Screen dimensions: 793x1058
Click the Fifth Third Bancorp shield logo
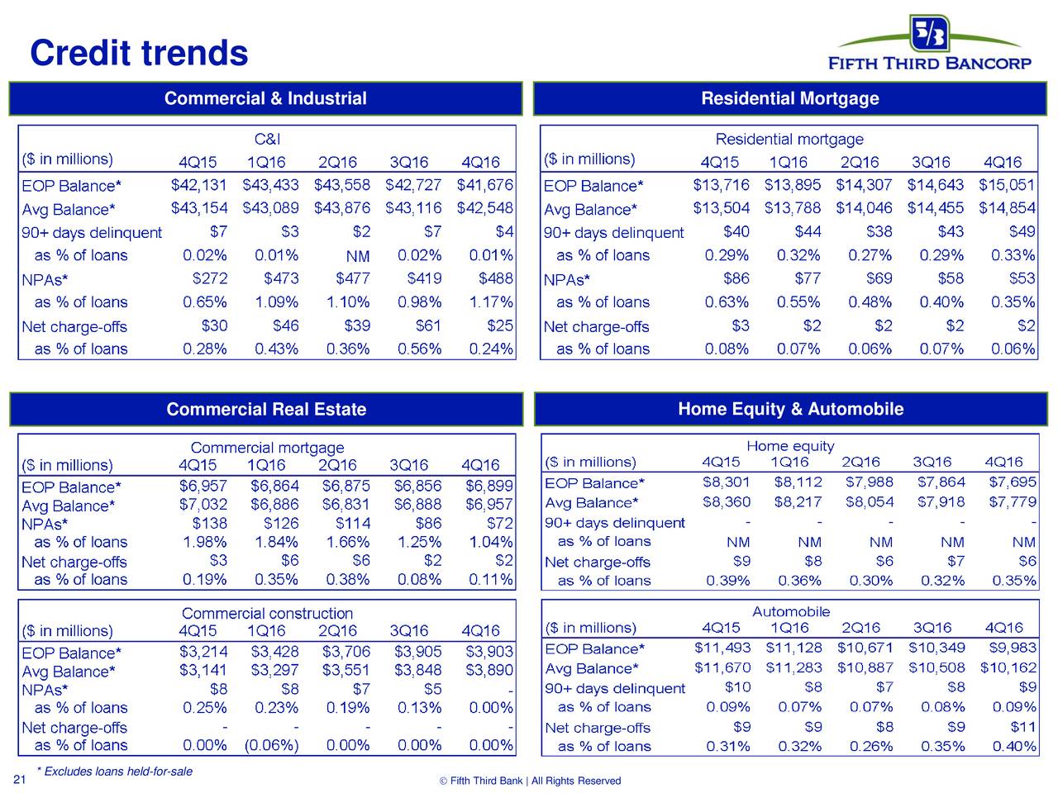[x=930, y=33]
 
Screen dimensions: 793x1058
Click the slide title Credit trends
[x=139, y=54]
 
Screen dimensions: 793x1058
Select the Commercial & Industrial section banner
[x=265, y=99]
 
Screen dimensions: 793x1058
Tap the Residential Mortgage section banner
[x=789, y=99]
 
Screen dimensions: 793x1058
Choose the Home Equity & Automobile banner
[x=790, y=409]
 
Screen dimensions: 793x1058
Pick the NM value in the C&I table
[x=357, y=256]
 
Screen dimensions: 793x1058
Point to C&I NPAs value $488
[x=495, y=278]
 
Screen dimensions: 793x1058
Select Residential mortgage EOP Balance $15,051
[x=1007, y=184]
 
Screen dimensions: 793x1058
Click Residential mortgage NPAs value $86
[x=736, y=278]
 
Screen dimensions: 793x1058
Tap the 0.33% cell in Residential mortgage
[x=1013, y=255]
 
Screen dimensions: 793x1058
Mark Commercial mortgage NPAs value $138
[x=209, y=523]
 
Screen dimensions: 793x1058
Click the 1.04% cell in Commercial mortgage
[x=490, y=542]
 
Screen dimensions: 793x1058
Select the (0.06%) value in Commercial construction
[x=271, y=745]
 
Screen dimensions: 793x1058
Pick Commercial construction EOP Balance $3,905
[x=417, y=653]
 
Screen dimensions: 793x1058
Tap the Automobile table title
[x=790, y=611]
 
